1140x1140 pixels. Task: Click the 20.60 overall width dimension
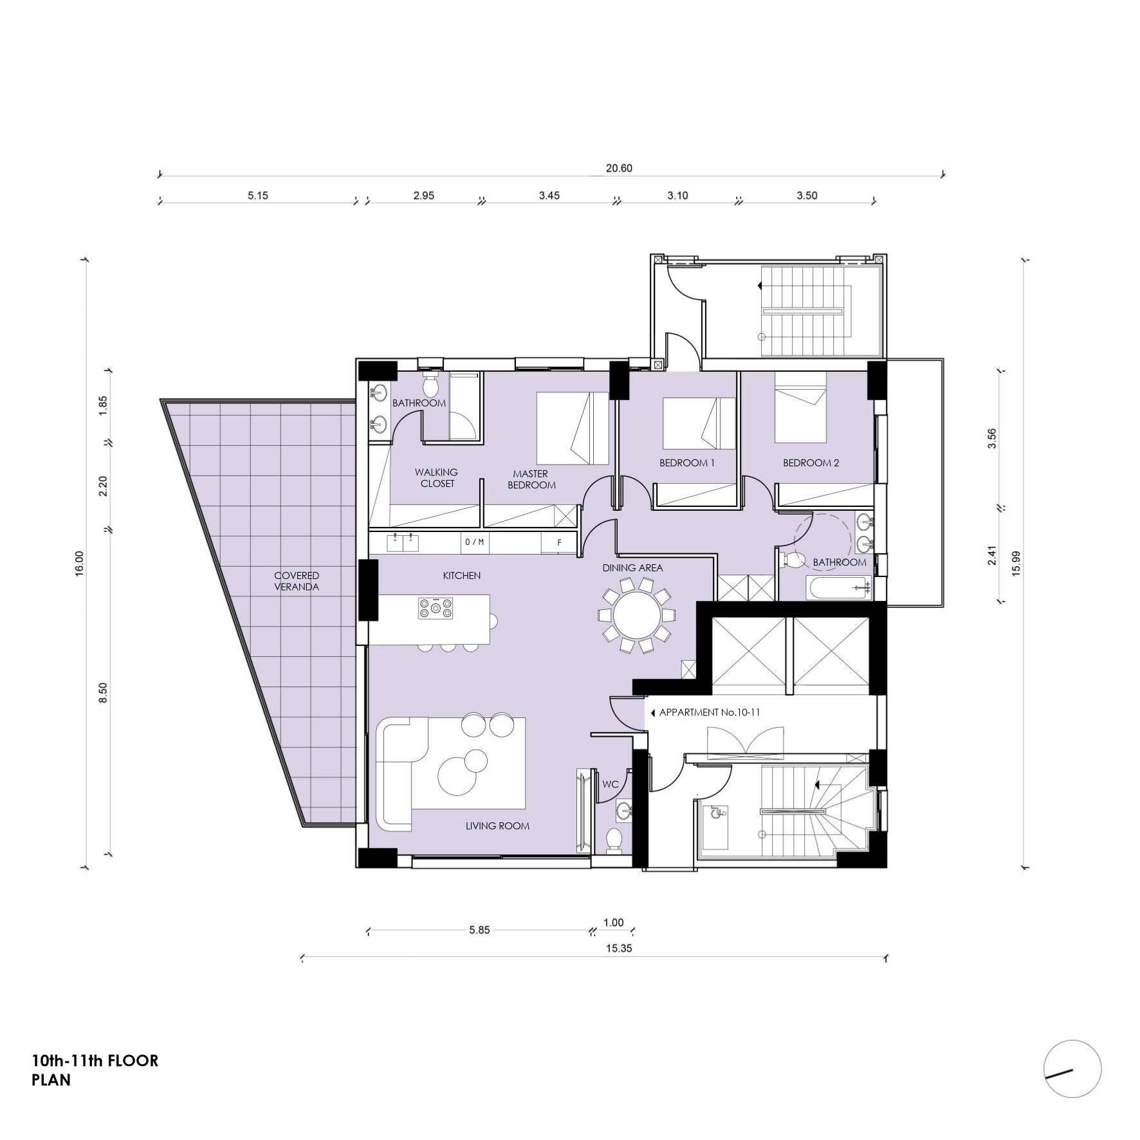point(619,169)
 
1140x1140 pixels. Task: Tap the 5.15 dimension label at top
point(258,196)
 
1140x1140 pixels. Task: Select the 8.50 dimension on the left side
point(103,693)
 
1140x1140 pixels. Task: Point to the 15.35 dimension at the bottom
point(619,948)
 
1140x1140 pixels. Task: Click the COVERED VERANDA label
point(297,581)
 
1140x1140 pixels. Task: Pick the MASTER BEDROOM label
point(531,479)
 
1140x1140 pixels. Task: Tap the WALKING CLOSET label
point(437,478)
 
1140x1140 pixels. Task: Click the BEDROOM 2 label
point(811,463)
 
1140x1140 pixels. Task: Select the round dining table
point(637,615)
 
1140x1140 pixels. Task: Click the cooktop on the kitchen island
point(436,608)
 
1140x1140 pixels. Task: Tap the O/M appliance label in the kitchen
point(474,542)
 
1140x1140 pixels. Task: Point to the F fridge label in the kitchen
point(559,543)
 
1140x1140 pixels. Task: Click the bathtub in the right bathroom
point(839,587)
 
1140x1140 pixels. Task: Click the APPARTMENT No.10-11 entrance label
point(710,713)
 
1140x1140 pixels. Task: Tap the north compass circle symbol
point(1072,1069)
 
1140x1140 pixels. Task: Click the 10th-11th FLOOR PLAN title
point(95,1070)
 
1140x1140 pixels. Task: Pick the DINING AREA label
point(632,567)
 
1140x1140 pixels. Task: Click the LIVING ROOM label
point(497,825)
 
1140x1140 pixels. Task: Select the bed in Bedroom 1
point(699,423)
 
